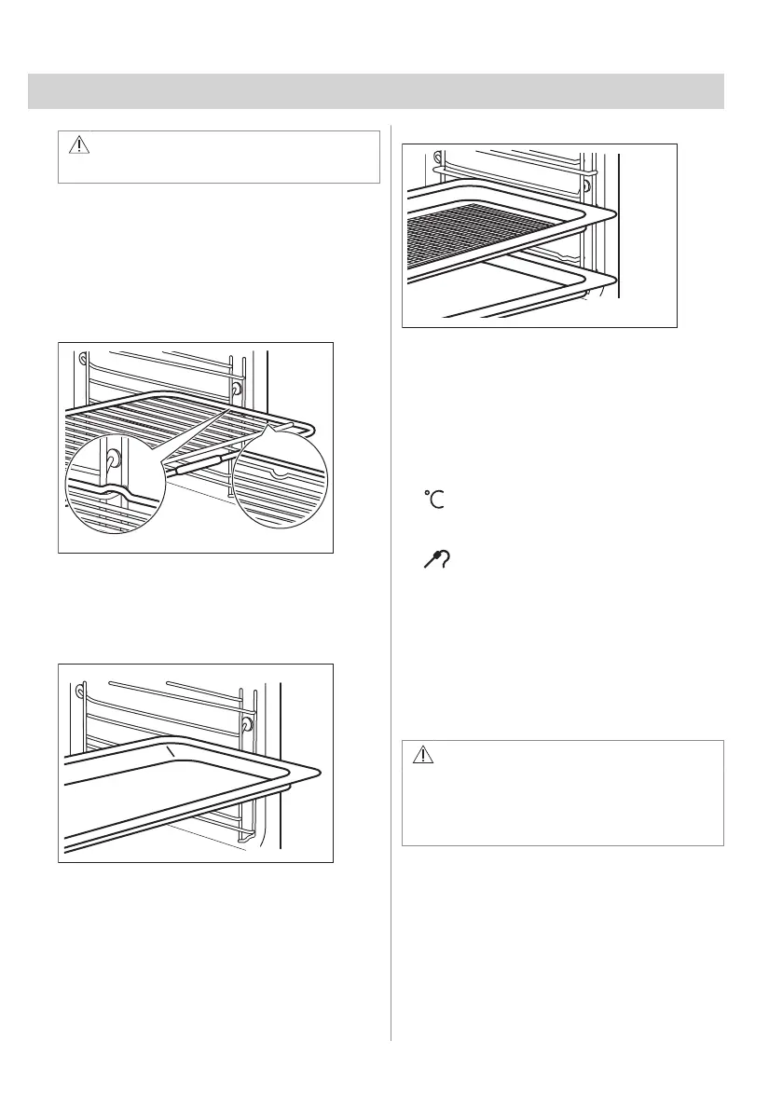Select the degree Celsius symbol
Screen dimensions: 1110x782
click(x=434, y=499)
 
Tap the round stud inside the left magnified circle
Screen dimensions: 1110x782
click(x=113, y=459)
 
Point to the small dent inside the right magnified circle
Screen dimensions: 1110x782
click(x=278, y=473)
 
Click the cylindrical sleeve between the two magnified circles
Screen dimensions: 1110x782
click(x=197, y=464)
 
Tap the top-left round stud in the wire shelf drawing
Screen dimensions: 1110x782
click(x=84, y=358)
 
